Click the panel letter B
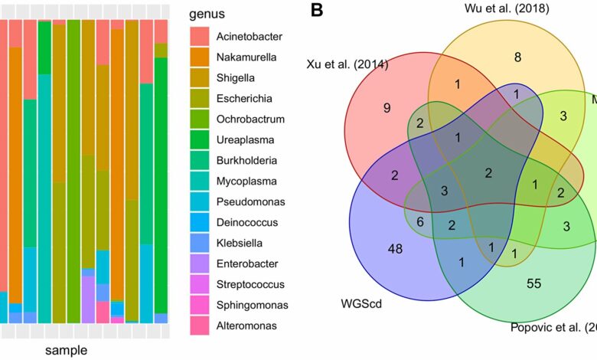click(x=316, y=11)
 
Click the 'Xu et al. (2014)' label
click(x=347, y=64)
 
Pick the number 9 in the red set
click(x=387, y=107)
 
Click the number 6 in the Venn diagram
click(x=419, y=221)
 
